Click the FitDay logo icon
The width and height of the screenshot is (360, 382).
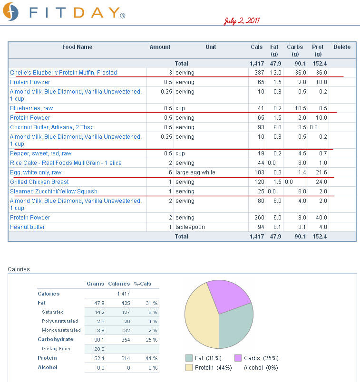11,11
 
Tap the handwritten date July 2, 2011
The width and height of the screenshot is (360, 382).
242,21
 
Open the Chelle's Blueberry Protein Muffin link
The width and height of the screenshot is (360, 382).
63,73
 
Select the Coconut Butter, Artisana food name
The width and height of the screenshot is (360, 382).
52,127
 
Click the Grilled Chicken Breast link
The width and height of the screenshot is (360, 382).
39,182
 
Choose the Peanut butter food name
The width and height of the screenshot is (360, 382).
27,227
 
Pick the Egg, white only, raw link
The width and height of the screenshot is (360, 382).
36,172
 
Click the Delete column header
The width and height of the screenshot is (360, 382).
342,47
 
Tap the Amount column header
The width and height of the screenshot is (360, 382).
160,47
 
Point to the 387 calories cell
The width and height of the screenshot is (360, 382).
259,73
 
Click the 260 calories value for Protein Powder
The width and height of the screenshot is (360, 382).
259,217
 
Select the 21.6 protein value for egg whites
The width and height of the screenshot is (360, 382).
321,172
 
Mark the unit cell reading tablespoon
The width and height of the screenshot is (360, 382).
190,227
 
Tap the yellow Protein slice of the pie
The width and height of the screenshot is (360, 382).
201,319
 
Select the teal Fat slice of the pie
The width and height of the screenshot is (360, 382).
236,326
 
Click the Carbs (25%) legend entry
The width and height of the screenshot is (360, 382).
256,358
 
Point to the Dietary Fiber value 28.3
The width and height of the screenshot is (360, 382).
99,349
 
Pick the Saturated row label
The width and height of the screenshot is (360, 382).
53,312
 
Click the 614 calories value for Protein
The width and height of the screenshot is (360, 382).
126,358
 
